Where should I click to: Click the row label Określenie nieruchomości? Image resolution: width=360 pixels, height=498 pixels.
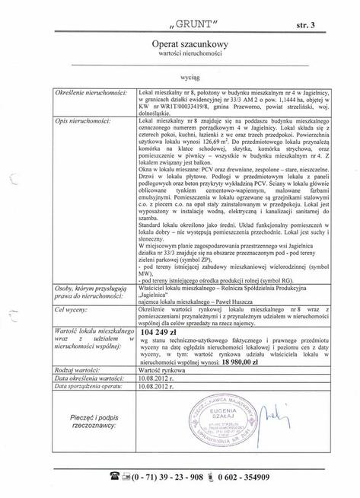click(86, 91)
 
